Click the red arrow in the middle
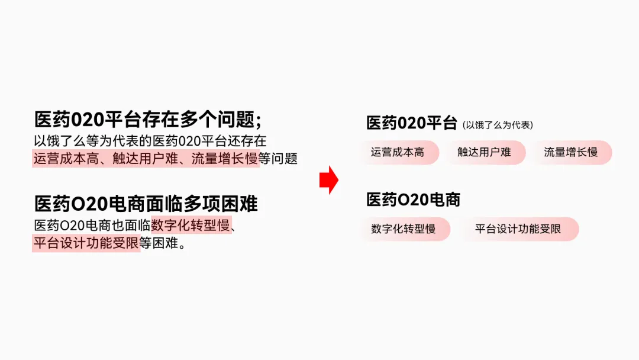328,181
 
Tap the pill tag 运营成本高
398,152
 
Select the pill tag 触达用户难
484,152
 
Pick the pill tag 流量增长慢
570,152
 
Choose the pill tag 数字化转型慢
404,229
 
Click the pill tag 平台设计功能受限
518,229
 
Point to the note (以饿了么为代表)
498,125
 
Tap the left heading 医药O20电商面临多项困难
146,204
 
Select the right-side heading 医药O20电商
413,200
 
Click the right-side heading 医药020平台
412,123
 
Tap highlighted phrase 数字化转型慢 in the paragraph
191,226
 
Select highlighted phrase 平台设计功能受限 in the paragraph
86,243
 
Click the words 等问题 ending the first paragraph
278,159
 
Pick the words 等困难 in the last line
161,243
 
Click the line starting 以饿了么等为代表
150,141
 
